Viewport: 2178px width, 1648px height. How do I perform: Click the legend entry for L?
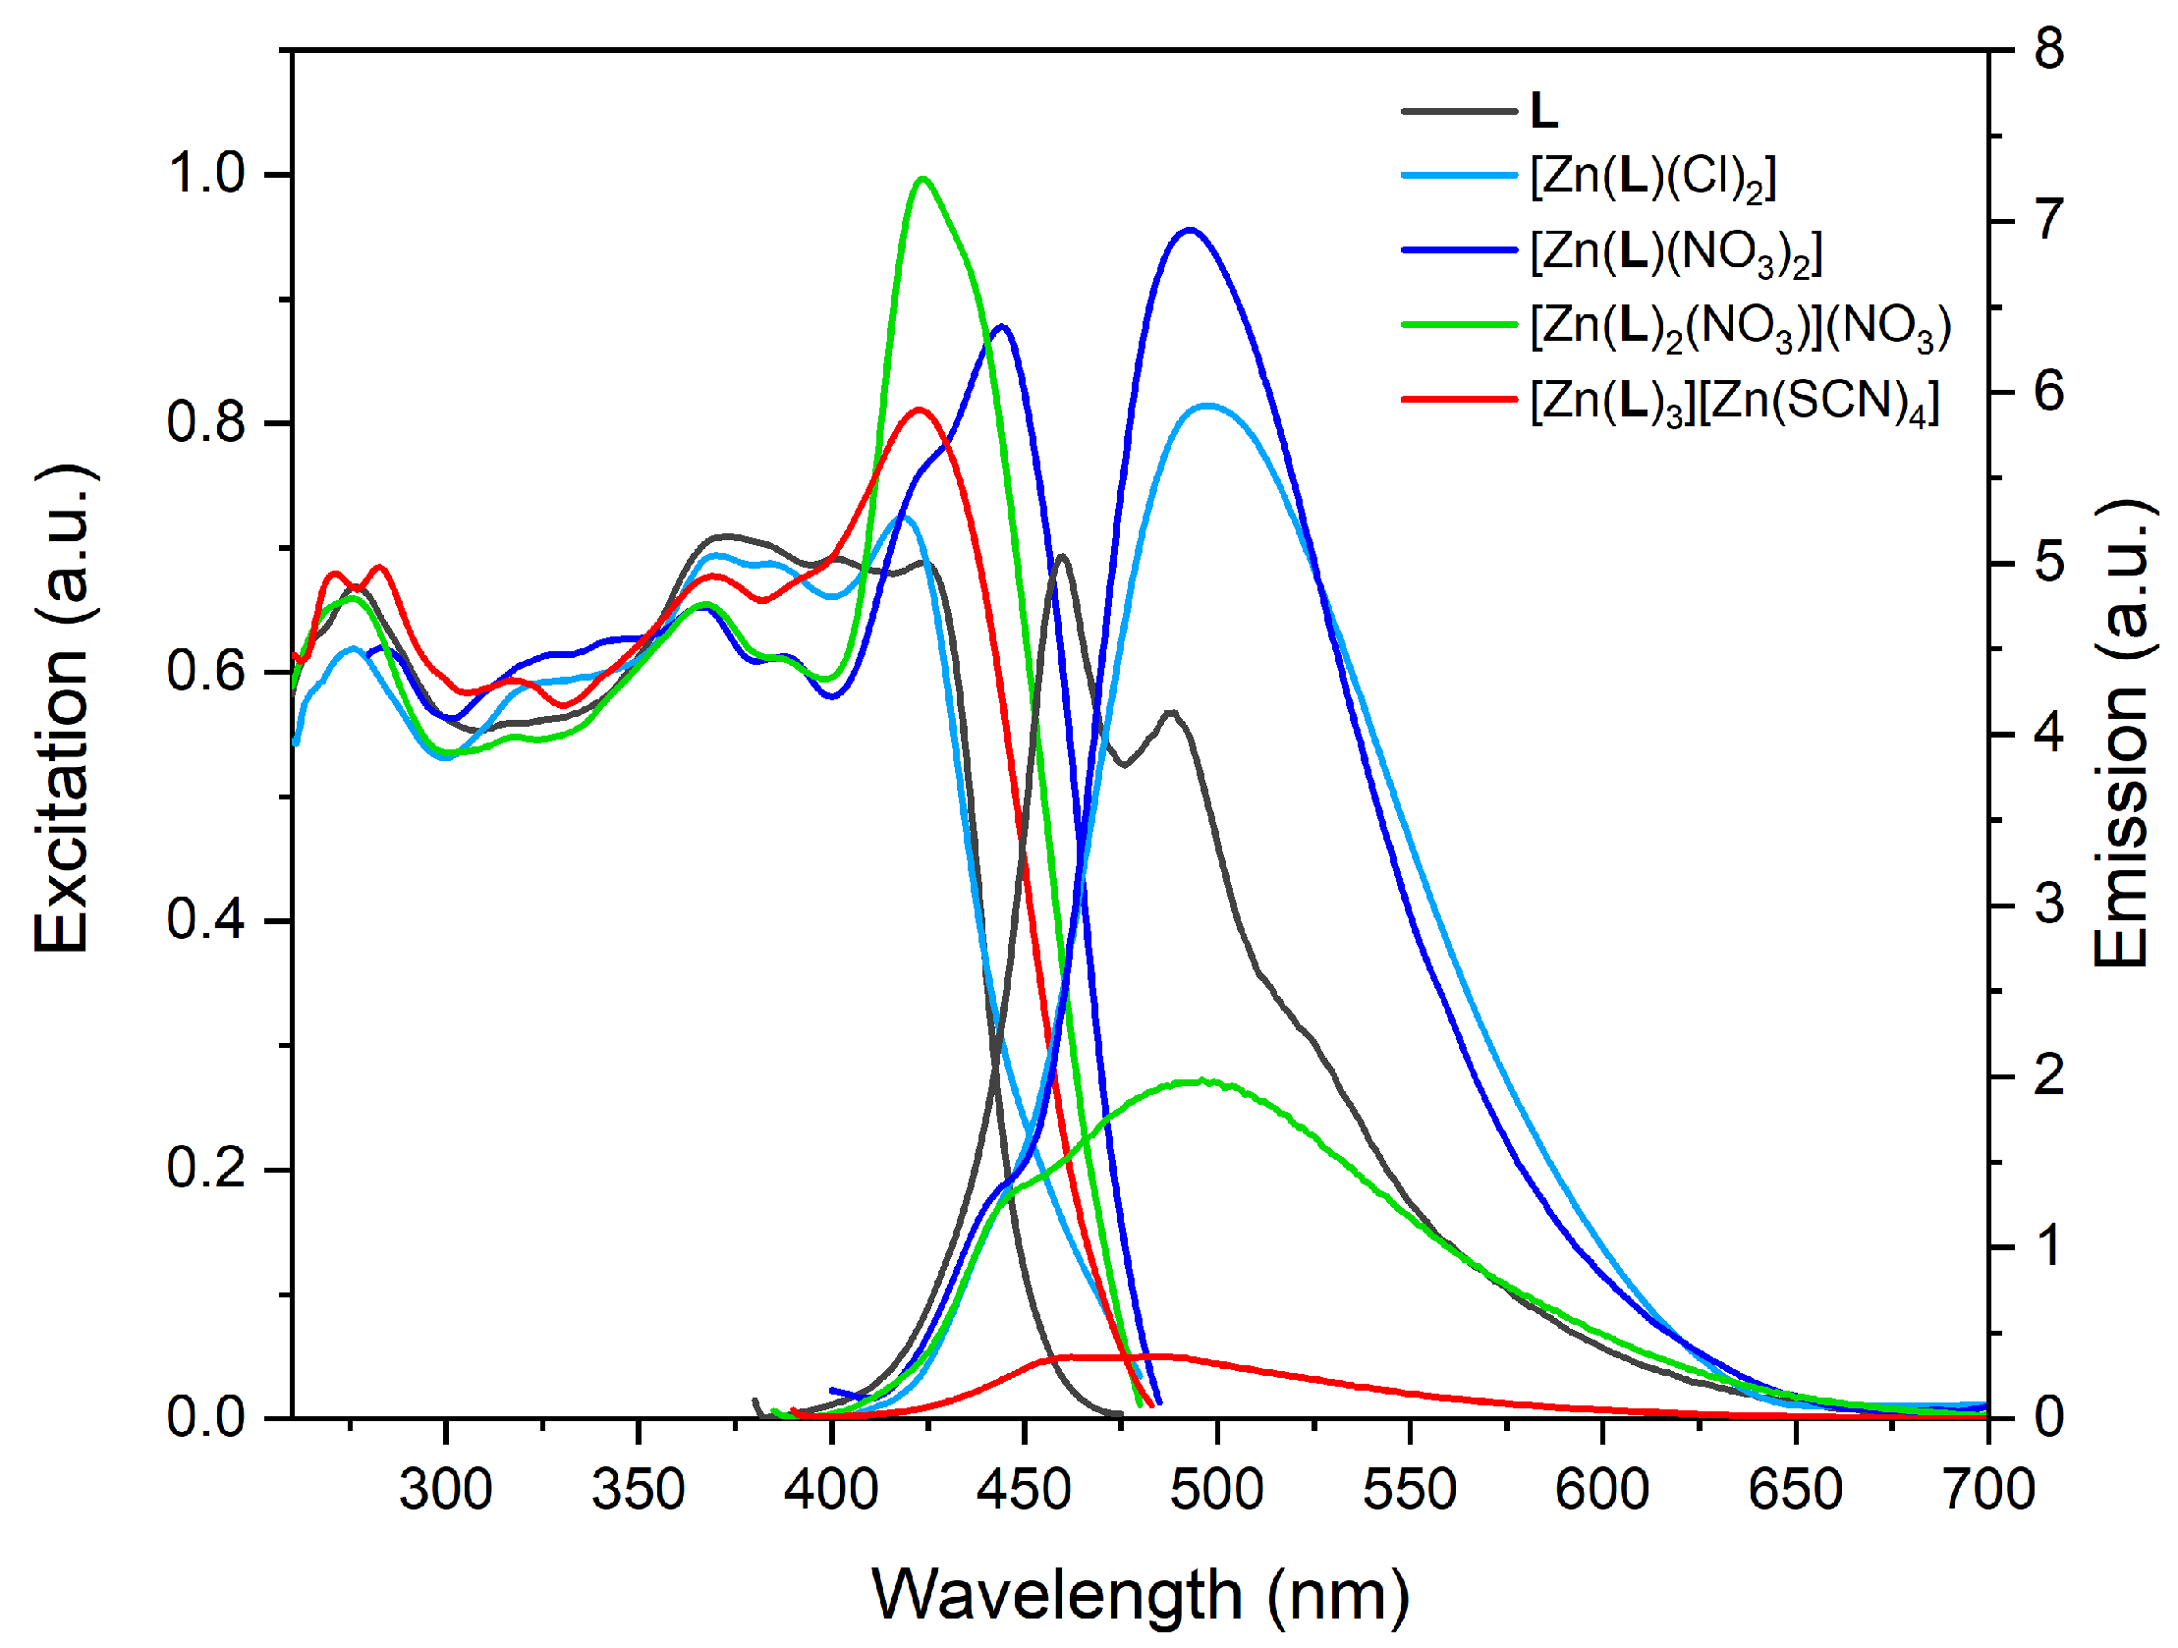pos(1543,111)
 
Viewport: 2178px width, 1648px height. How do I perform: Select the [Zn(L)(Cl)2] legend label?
pos(1653,178)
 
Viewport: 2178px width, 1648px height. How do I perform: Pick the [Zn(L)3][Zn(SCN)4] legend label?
pos(1734,402)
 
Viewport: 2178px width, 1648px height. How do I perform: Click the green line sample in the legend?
pos(1459,324)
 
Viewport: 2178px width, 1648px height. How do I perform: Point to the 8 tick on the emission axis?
pos(2049,49)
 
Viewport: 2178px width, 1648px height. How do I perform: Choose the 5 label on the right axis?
pos(2049,563)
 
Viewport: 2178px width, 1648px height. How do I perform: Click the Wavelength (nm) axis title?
pos(1141,1594)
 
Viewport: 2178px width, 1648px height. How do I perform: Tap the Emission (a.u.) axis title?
pos(2121,734)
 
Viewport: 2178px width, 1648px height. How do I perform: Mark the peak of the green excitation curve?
pos(922,178)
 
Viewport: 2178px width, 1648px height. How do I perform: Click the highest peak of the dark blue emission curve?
pos(1191,230)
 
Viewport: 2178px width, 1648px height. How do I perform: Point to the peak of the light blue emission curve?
pos(1208,405)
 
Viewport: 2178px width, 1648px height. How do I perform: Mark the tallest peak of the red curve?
pos(920,409)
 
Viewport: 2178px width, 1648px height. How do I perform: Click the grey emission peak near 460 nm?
pos(1061,556)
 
